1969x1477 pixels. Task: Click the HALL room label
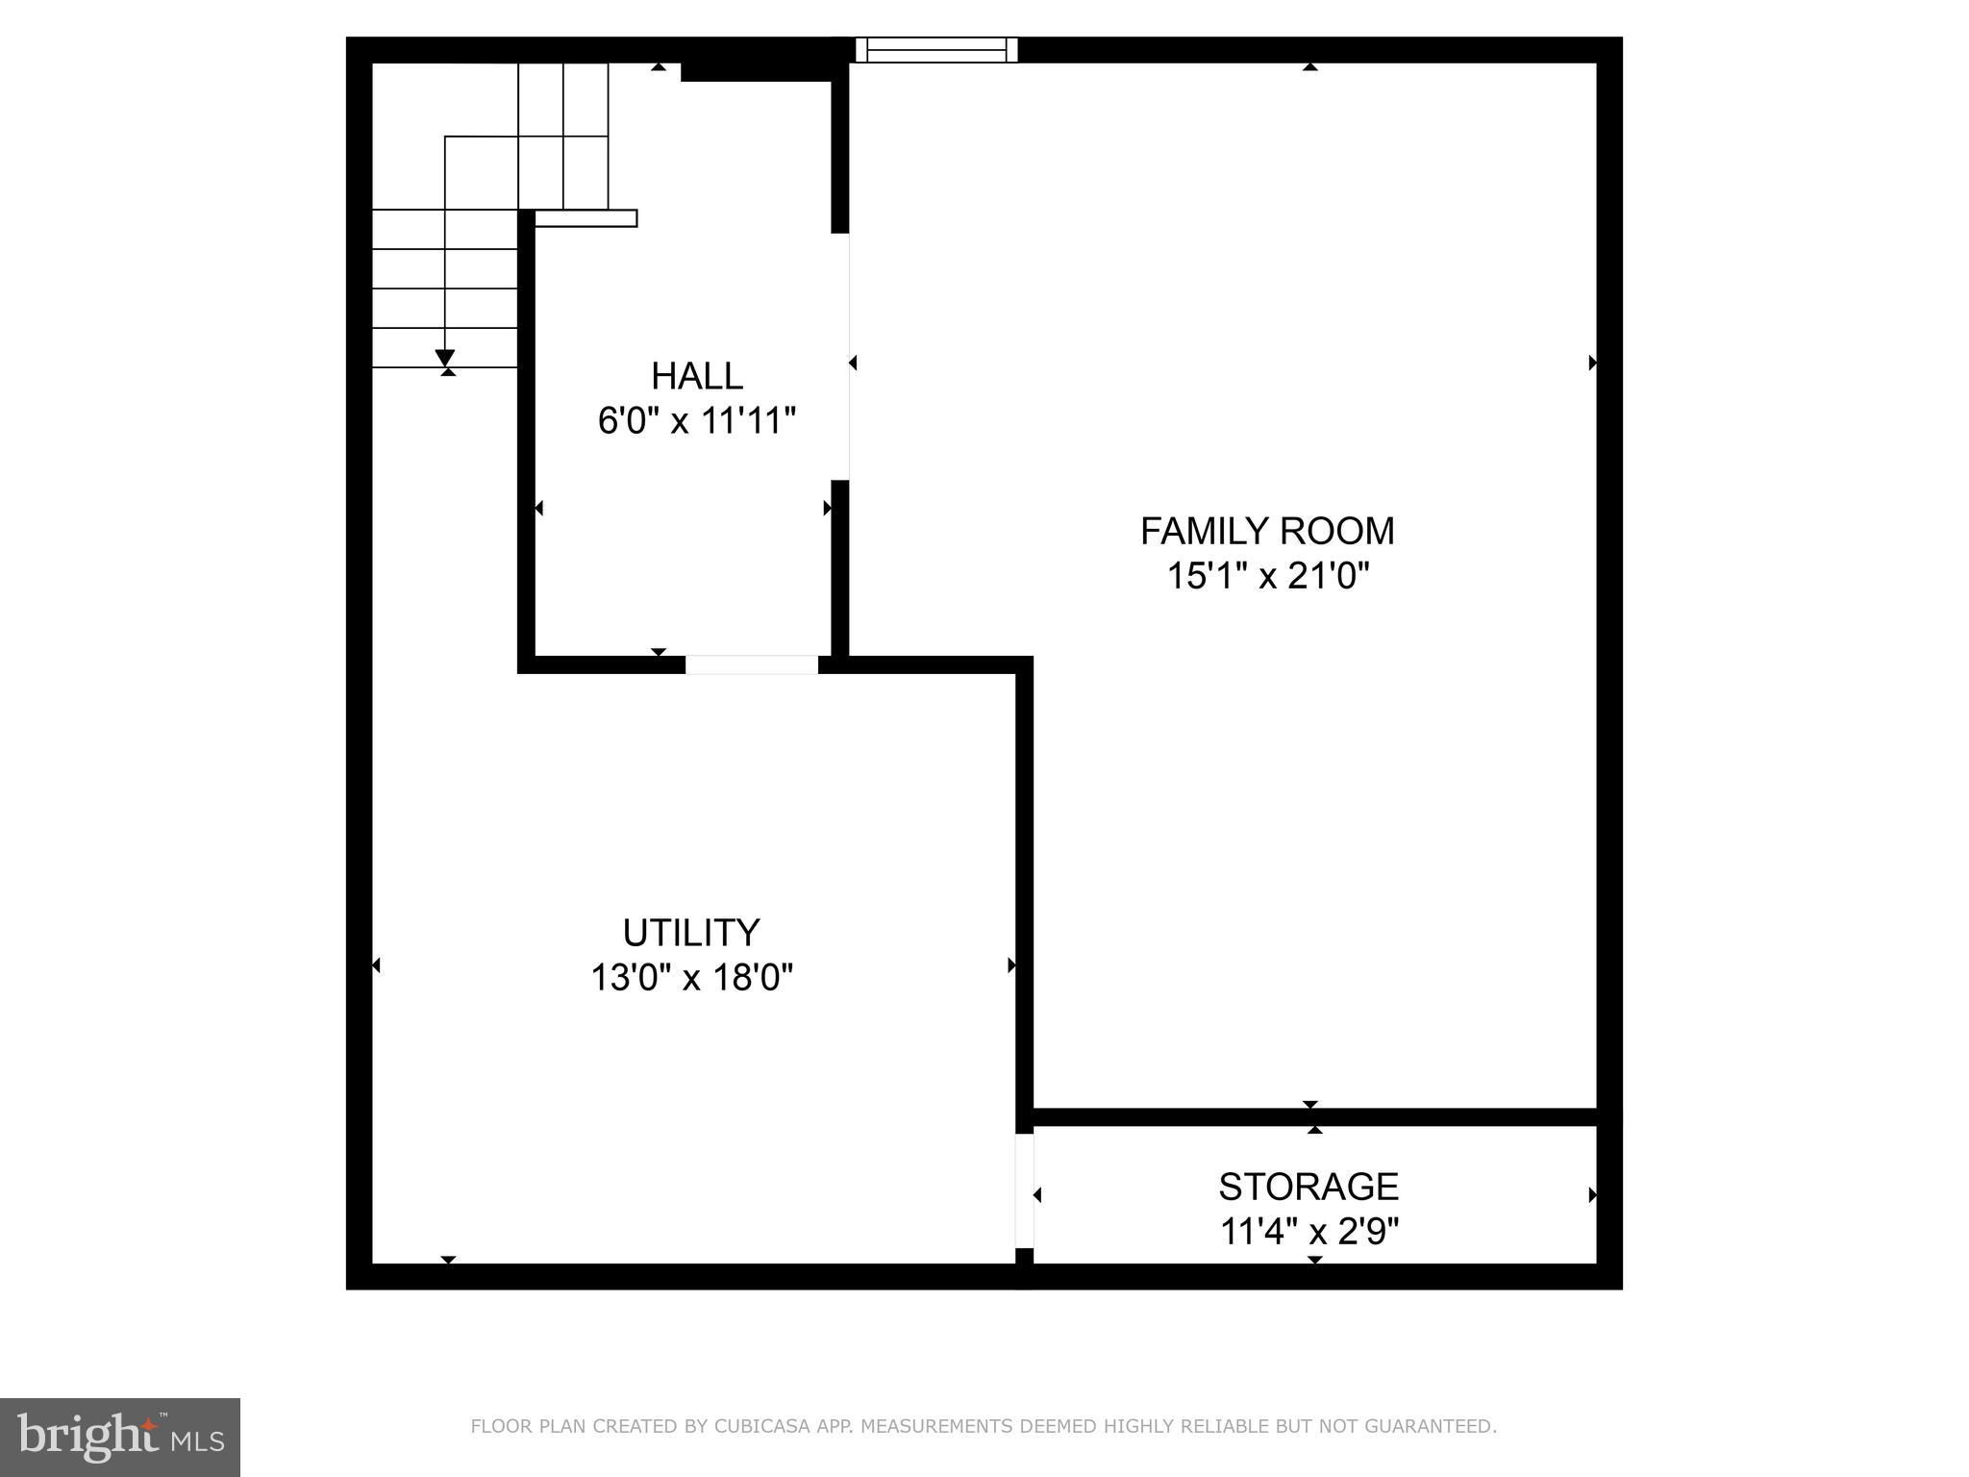(x=697, y=376)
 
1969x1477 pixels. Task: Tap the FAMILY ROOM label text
(x=1267, y=531)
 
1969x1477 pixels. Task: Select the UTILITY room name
(x=691, y=933)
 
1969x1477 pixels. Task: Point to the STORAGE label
(x=1309, y=1187)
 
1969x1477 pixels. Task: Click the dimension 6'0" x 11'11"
(x=697, y=421)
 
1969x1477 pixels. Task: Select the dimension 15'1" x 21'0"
(x=1267, y=576)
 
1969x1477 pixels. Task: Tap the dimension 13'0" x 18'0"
(x=691, y=978)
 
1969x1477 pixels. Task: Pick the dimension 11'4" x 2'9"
(x=1309, y=1232)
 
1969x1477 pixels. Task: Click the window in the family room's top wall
(x=936, y=50)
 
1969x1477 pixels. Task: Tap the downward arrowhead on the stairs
(x=444, y=358)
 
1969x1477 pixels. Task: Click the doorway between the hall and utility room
(x=752, y=664)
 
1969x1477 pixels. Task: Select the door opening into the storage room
(x=1025, y=1190)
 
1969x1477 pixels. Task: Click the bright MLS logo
(x=120, y=1437)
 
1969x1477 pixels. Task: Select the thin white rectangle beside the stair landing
(x=586, y=218)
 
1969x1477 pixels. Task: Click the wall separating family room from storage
(x=1313, y=1116)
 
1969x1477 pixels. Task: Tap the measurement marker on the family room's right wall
(x=1592, y=363)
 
